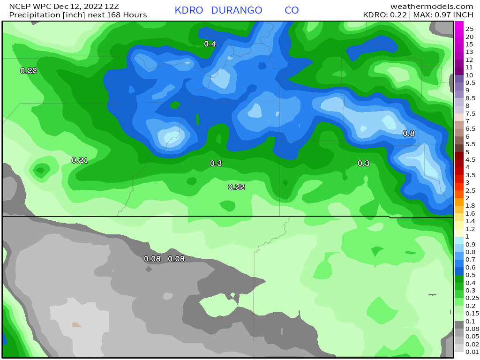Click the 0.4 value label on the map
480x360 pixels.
pyautogui.click(x=210, y=44)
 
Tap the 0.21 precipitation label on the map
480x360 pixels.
pyautogui.click(x=80, y=160)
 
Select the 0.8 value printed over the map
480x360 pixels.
pyautogui.click(x=409, y=134)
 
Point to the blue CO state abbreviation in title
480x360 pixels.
pyautogui.click(x=292, y=10)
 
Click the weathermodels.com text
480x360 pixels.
pyautogui.click(x=432, y=6)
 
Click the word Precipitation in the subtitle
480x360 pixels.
pyautogui.click(x=32, y=15)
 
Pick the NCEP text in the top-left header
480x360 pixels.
pyautogui.click(x=13, y=6)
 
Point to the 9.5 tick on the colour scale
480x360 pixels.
pyautogui.click(x=470, y=82)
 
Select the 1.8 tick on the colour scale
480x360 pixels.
pyautogui.click(x=470, y=205)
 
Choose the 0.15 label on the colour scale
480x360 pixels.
pyautogui.click(x=472, y=313)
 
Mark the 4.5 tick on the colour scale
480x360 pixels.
pyautogui.click(x=470, y=159)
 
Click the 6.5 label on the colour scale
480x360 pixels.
pyautogui.click(x=470, y=128)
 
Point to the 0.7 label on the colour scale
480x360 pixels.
pyautogui.click(x=470, y=259)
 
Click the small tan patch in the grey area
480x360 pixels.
pyautogui.click(x=76, y=324)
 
